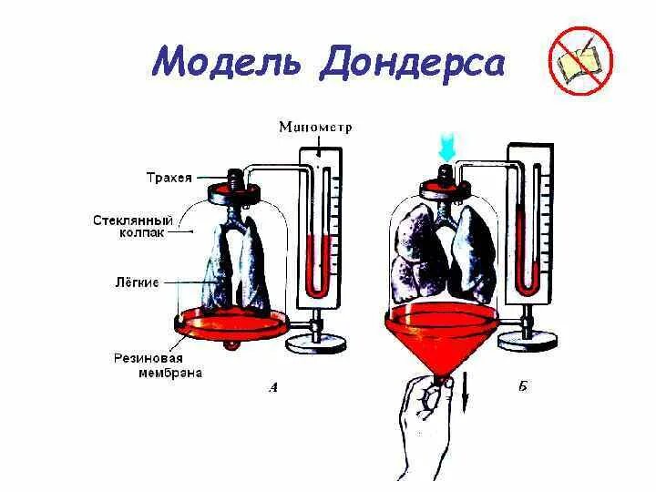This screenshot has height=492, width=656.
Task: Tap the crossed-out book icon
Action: (x=580, y=61)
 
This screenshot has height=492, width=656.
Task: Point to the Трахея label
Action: (x=169, y=178)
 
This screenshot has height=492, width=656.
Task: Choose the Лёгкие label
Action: (x=136, y=282)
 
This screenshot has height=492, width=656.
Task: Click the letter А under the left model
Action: (x=273, y=387)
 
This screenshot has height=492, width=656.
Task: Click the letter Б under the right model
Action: (x=522, y=387)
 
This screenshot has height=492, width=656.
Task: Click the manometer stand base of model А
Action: (x=316, y=343)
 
